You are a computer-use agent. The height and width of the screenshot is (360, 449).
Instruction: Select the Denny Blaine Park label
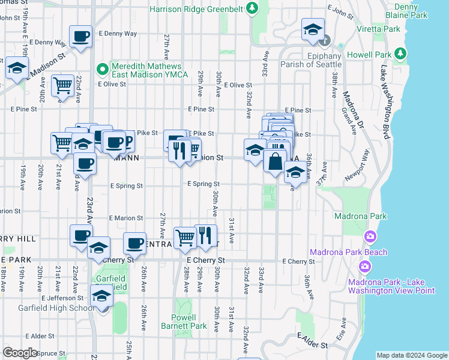pyautogui.click(x=415, y=10)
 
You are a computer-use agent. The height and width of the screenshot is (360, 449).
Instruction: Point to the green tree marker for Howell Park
pyautogui.click(x=402, y=55)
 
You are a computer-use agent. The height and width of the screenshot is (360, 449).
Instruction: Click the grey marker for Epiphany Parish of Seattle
pyautogui.click(x=325, y=41)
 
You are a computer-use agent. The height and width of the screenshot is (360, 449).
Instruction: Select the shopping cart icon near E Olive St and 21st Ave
pyautogui.click(x=62, y=86)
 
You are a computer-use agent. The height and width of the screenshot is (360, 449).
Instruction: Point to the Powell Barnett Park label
pyautogui.click(x=191, y=322)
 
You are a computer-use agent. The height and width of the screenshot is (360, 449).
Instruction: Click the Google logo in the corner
pyautogui.click(x=20, y=353)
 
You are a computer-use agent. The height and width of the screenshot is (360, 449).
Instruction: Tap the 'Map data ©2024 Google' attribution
pyautogui.click(x=411, y=355)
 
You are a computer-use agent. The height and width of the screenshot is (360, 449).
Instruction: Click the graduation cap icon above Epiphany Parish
pyautogui.click(x=312, y=30)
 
